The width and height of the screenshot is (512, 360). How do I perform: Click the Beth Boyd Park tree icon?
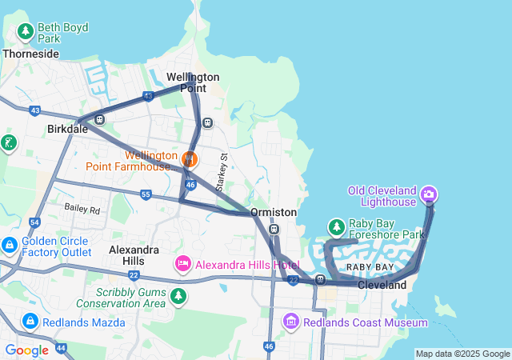[26, 32]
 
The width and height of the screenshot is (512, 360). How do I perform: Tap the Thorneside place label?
[30, 54]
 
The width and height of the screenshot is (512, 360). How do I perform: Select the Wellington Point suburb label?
[193, 82]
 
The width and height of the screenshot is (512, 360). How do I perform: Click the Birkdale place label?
[67, 129]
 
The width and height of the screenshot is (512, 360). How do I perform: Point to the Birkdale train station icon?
[100, 120]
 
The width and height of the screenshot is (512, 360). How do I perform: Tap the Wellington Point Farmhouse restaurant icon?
[190, 158]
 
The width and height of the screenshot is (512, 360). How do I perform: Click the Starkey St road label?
[223, 167]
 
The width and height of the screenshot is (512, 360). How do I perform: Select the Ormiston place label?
[273, 212]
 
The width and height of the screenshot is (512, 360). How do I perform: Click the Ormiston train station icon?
[274, 230]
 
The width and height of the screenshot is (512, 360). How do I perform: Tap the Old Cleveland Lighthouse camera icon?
[429, 194]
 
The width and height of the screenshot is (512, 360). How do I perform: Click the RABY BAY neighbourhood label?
[369, 266]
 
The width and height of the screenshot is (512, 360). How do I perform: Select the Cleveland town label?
[382, 285]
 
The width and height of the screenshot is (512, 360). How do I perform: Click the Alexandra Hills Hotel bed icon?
[183, 264]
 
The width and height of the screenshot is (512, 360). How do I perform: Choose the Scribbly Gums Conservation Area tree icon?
[178, 297]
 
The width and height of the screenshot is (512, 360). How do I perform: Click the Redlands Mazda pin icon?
[30, 322]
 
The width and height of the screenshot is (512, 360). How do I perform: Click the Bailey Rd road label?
[82, 211]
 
